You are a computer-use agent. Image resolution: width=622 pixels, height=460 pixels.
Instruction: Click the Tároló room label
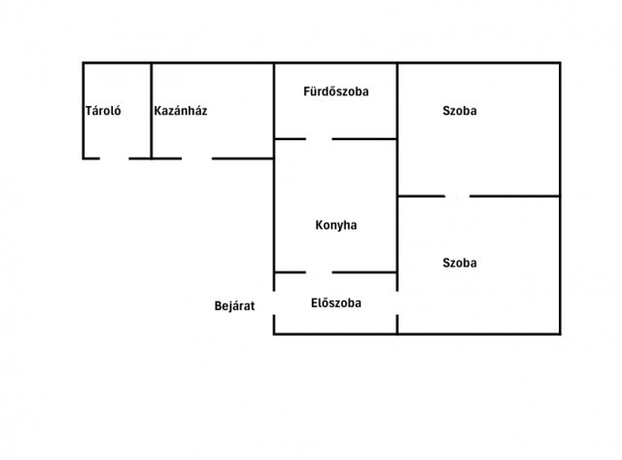coord(103,110)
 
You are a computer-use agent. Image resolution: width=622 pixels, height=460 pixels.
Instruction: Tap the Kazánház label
coord(181,110)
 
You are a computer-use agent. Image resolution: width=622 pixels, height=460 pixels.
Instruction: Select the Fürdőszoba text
coord(336,91)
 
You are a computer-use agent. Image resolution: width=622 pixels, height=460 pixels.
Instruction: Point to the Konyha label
coord(336,225)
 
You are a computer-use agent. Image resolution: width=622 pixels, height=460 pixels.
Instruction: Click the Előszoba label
coord(336,303)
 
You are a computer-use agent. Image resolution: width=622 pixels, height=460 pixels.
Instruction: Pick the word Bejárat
coord(234,306)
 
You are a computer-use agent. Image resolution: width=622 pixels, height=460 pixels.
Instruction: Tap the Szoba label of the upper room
coord(460,110)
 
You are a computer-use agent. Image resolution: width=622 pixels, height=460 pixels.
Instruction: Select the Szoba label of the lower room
coord(460,263)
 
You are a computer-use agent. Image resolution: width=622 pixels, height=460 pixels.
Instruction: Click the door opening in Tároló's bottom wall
coord(115,159)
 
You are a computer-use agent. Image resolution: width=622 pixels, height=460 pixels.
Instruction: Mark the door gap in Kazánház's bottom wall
coord(196,159)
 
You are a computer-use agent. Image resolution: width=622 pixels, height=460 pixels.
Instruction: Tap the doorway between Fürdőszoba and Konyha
coord(319,139)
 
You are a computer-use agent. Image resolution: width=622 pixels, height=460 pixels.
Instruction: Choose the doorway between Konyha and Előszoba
coord(319,272)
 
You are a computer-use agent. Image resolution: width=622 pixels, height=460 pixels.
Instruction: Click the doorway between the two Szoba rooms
coord(457,196)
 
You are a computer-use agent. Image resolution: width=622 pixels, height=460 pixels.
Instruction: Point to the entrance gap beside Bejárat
coord(274,303)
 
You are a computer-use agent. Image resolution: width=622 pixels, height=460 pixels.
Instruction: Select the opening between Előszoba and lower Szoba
coord(397,303)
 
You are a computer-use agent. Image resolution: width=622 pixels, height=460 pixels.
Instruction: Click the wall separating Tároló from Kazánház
coord(152,110)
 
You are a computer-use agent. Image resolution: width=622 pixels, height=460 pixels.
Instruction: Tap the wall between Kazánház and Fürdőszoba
coord(274,110)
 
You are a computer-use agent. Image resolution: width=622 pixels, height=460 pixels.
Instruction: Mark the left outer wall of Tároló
coord(84,110)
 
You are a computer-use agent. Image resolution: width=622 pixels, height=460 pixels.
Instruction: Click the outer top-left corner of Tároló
coord(83,62)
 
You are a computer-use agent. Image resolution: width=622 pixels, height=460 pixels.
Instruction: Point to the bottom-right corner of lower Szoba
coord(560,335)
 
